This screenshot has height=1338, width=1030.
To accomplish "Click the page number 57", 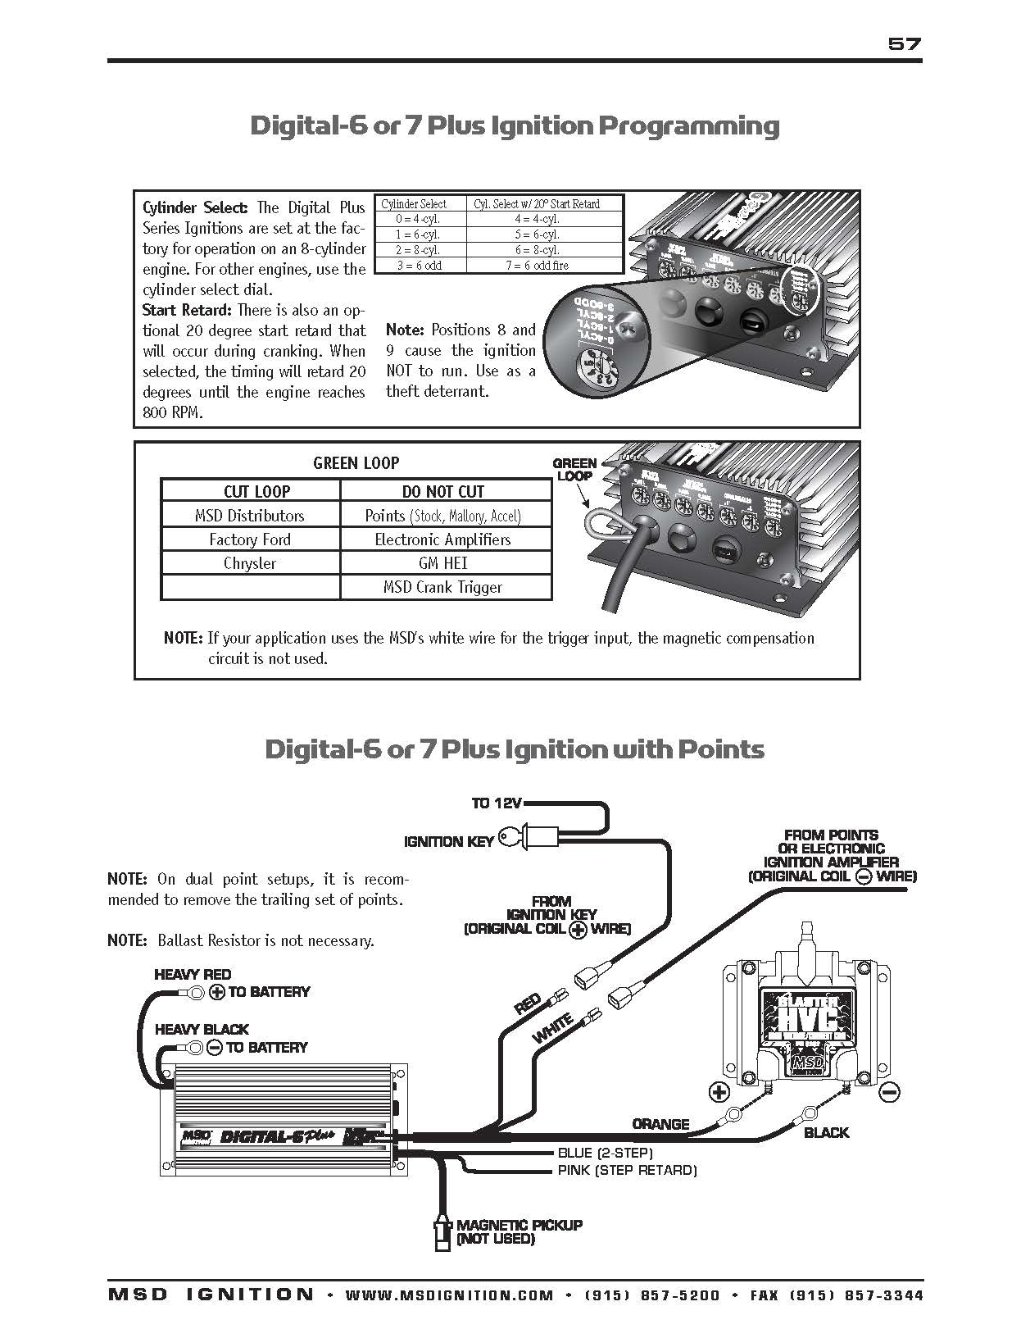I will point(905,44).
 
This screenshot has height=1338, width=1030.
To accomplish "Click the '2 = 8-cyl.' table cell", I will point(418,250).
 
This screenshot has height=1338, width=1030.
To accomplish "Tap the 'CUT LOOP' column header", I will point(256,491).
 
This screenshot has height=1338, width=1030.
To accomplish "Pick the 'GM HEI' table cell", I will point(442,563).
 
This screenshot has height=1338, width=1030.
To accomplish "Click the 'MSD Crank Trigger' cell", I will point(442,587).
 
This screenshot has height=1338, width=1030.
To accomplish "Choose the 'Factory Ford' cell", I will point(250,539).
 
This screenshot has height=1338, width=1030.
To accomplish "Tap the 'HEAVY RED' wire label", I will point(193,975).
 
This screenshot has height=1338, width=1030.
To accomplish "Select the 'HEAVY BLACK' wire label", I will point(202,1030).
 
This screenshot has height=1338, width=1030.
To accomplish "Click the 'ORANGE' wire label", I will point(660,1124).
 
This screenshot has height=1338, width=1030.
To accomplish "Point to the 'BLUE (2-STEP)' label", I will point(605,1153).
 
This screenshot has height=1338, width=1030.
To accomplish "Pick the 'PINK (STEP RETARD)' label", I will point(627,1170).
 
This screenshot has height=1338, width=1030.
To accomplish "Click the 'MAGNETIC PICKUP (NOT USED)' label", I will point(520,1231).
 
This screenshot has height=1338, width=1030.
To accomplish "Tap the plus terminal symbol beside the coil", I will point(719,1092).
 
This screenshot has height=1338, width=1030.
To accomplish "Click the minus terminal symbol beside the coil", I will point(890,1092).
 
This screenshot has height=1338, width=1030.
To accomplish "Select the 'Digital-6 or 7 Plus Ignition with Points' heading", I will point(515,749).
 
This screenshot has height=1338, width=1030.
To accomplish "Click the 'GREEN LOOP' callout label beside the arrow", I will point(574,469).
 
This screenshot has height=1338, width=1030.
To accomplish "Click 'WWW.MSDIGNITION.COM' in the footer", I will point(450,1295).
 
